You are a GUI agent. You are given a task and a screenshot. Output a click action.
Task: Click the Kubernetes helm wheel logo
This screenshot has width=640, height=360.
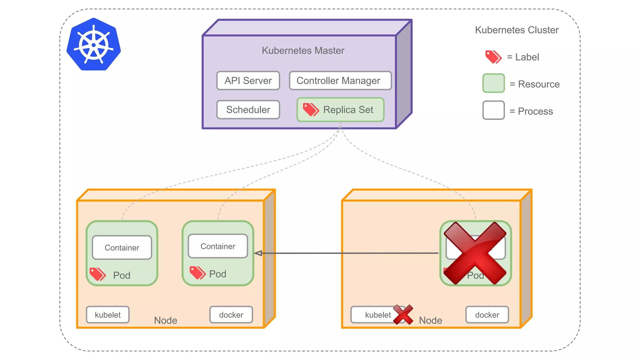coord(94,45)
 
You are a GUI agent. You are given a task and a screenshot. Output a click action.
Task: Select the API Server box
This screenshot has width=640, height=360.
coord(248,81)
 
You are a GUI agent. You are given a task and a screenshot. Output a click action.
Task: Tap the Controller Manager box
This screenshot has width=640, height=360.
coord(340,81)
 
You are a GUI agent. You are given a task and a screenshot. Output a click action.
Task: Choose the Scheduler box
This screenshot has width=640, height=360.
coord(248,110)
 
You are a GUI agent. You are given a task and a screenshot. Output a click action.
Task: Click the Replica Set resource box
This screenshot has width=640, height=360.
coord(340,110)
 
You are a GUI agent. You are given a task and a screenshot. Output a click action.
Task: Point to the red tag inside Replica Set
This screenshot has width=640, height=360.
coord(311,110)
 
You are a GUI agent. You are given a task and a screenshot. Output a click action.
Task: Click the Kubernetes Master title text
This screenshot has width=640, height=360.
coord(303,51)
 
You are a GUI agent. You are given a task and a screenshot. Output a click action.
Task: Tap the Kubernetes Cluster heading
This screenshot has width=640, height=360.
coord(517,30)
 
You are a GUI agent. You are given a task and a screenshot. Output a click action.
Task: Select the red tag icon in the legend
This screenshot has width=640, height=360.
coord(493,57)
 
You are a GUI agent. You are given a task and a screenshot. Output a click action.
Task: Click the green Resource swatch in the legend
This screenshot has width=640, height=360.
coord(493,83)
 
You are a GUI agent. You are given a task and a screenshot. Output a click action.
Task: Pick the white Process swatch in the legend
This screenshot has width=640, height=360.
coord(493,110)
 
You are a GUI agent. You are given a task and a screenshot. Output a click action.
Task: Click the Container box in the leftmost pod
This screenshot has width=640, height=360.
coord(122,247)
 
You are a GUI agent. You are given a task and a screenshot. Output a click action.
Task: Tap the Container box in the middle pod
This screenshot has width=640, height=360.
coord(218,246)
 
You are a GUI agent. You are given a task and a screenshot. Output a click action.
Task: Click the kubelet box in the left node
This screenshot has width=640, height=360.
coord(108,315)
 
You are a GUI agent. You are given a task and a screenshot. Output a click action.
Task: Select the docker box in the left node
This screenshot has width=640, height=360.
coord(231,315)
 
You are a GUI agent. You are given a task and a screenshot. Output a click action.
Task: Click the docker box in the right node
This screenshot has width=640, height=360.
coord(487,315)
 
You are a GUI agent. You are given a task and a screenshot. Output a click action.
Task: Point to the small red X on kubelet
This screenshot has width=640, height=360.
coord(403,314)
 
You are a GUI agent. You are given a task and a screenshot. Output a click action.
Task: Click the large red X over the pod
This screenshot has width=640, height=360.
coord(475,253)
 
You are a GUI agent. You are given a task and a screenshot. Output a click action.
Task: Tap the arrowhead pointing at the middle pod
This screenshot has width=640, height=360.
coord(258,253)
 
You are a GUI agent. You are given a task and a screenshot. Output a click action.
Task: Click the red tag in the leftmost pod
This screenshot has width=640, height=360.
coord(97,274)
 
